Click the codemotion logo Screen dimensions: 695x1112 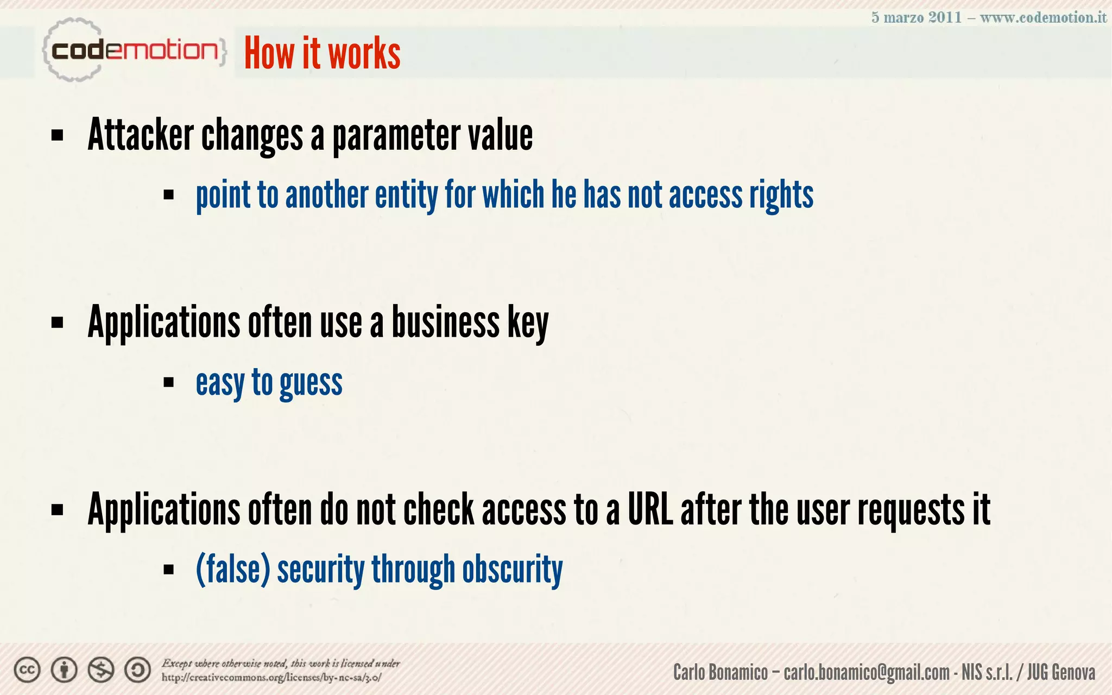click(x=133, y=50)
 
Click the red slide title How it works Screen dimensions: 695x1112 click(x=322, y=53)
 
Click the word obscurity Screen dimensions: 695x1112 click(x=512, y=570)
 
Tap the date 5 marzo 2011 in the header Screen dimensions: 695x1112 click(x=916, y=17)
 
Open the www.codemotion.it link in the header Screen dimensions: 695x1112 click(x=1043, y=17)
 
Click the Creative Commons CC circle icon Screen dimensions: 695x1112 click(x=27, y=670)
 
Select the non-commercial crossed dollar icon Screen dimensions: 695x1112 click(x=101, y=670)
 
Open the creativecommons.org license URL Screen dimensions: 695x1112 click(x=271, y=678)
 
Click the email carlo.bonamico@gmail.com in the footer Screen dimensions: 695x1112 click(x=867, y=673)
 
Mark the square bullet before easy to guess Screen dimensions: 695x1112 click(x=169, y=382)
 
